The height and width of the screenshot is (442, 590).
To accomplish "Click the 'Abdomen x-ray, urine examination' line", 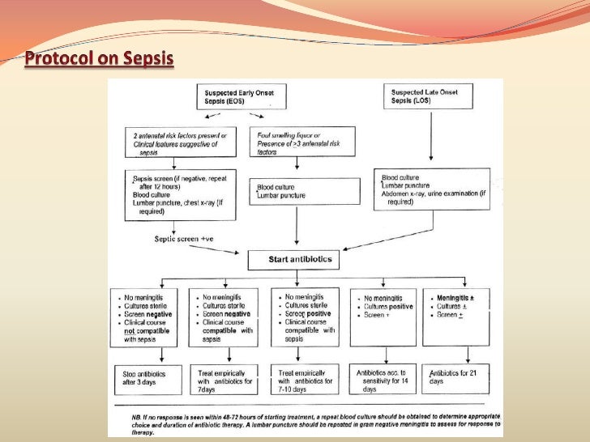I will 434,195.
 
